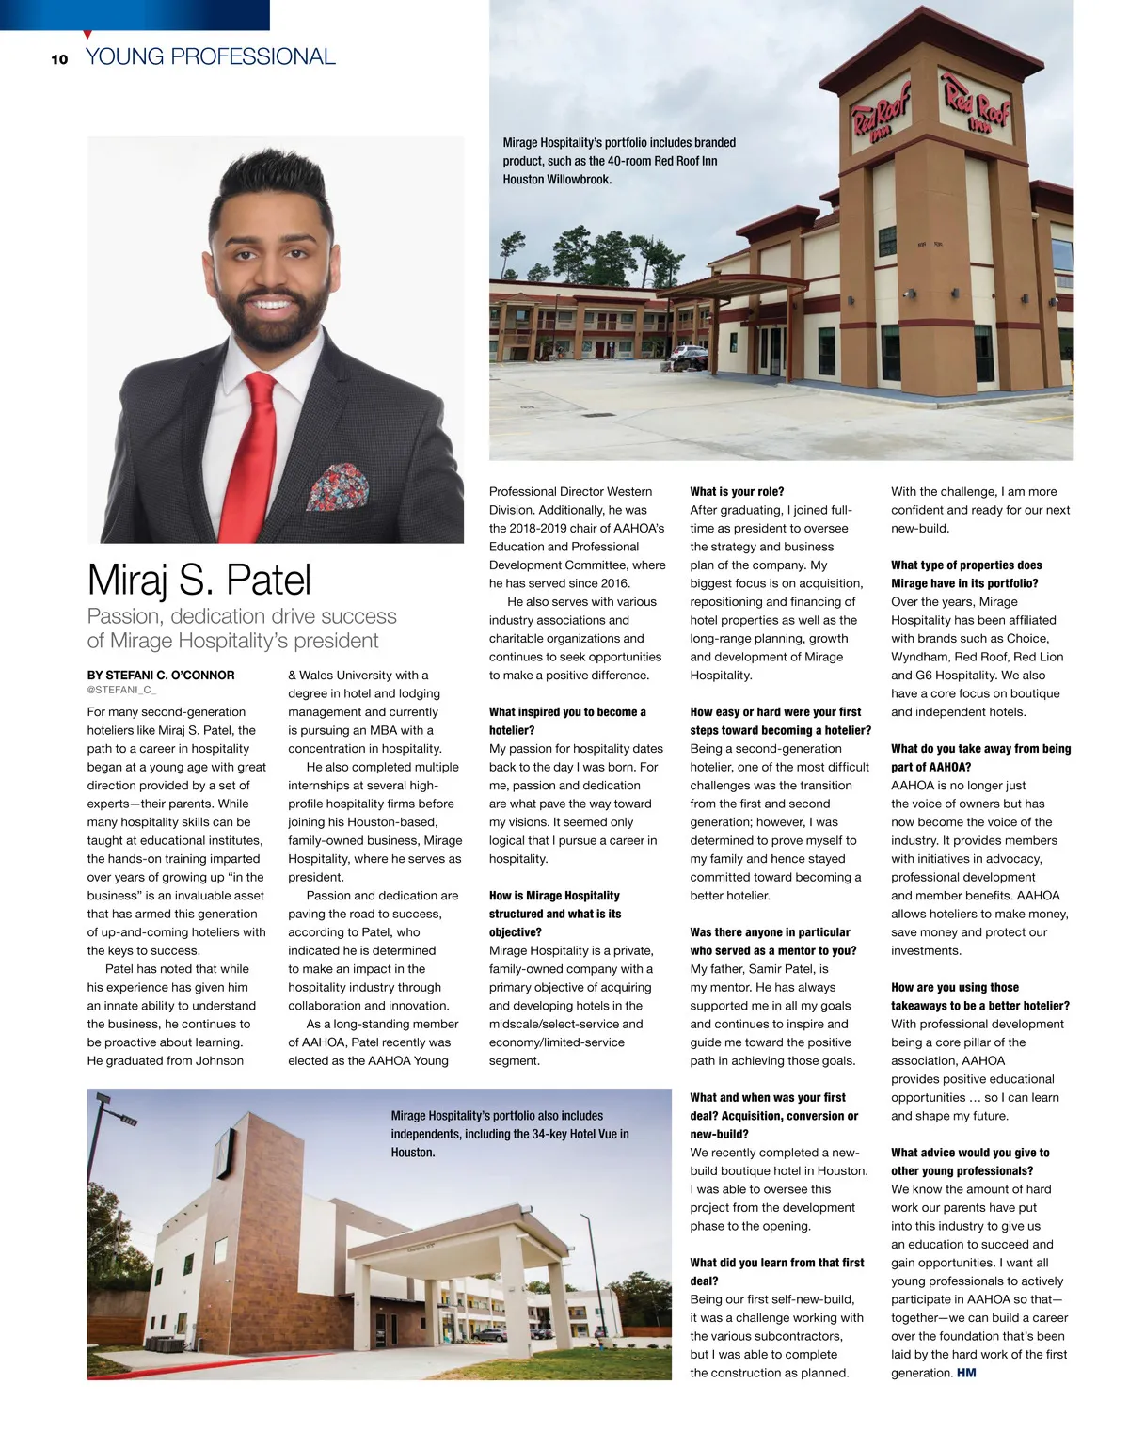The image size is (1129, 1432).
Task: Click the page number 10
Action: coord(59,59)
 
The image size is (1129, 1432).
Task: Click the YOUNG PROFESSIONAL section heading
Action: coord(210,57)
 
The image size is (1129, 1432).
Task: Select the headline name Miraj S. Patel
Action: coord(199,580)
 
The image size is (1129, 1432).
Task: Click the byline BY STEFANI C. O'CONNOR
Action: coord(161,675)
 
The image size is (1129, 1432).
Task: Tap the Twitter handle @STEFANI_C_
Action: coord(121,691)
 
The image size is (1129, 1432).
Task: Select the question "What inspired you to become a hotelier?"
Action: coord(567,721)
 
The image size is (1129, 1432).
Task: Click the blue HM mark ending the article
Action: coord(966,1373)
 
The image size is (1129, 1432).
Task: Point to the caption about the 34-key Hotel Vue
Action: coord(510,1134)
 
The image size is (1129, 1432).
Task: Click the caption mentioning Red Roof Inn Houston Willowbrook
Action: coord(619,161)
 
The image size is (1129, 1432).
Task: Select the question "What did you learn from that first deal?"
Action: coord(776,1271)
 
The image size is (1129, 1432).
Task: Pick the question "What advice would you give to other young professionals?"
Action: coord(969,1161)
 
